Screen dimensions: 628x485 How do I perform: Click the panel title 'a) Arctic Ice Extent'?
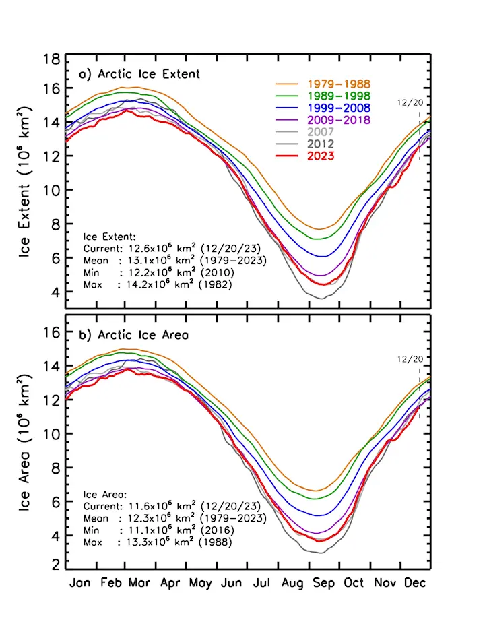pos(139,74)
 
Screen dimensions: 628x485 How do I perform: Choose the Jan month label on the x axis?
pos(81,582)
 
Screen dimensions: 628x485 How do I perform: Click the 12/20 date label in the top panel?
pos(409,102)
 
